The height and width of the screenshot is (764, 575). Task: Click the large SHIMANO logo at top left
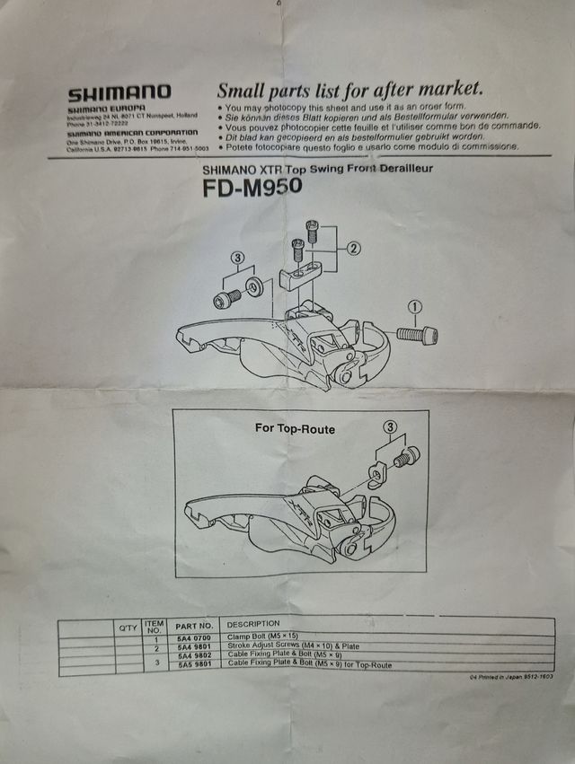coord(119,92)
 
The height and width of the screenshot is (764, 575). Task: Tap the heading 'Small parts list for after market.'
coord(350,89)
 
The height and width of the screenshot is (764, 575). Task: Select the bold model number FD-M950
coord(252,188)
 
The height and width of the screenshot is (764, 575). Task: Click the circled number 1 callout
coord(414,308)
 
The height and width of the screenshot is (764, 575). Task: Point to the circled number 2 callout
coord(354,247)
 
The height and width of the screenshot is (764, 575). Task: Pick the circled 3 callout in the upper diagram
coord(237,258)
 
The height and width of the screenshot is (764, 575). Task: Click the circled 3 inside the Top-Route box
coord(389,426)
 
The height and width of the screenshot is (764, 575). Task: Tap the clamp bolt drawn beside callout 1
coord(417,335)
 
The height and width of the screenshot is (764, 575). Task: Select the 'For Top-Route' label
coord(295,429)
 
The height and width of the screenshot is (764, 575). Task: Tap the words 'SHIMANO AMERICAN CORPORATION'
coord(131,133)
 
